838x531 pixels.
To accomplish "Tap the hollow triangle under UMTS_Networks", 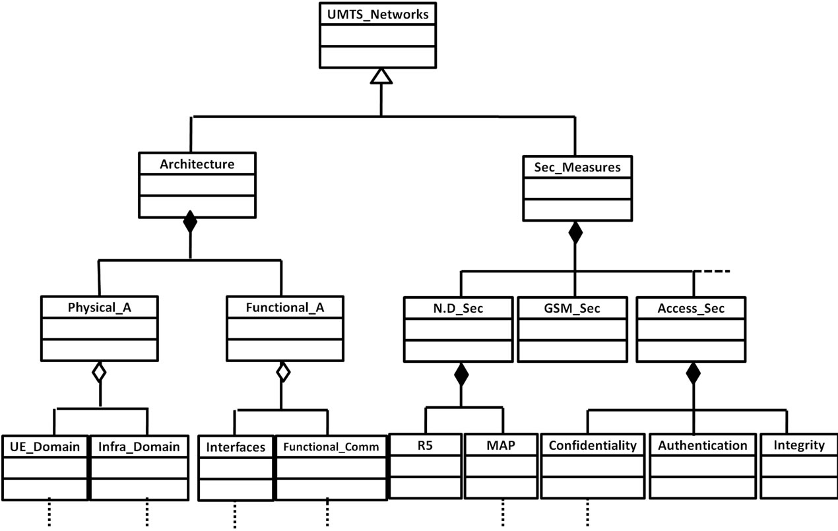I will tap(381, 77).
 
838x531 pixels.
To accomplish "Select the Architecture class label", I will tap(197, 164).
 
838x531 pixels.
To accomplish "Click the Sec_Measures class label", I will tap(577, 167).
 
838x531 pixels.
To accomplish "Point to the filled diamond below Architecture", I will tap(190, 222).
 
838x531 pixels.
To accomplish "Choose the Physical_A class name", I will tap(99, 307).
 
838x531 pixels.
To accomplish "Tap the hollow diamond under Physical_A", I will tap(99, 372).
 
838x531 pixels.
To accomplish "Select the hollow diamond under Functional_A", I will tap(282, 372).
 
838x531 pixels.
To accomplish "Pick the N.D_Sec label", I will tap(460, 308).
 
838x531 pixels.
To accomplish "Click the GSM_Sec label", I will tap(571, 308).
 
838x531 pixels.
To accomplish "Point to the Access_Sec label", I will tap(690, 308).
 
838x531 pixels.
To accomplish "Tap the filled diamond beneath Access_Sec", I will tap(692, 374).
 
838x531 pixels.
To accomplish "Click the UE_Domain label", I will tap(44, 447).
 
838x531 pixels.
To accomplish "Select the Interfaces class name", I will tap(236, 447).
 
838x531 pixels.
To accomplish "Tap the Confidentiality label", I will tap(593, 445).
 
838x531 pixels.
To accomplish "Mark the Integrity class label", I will tap(798, 445).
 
